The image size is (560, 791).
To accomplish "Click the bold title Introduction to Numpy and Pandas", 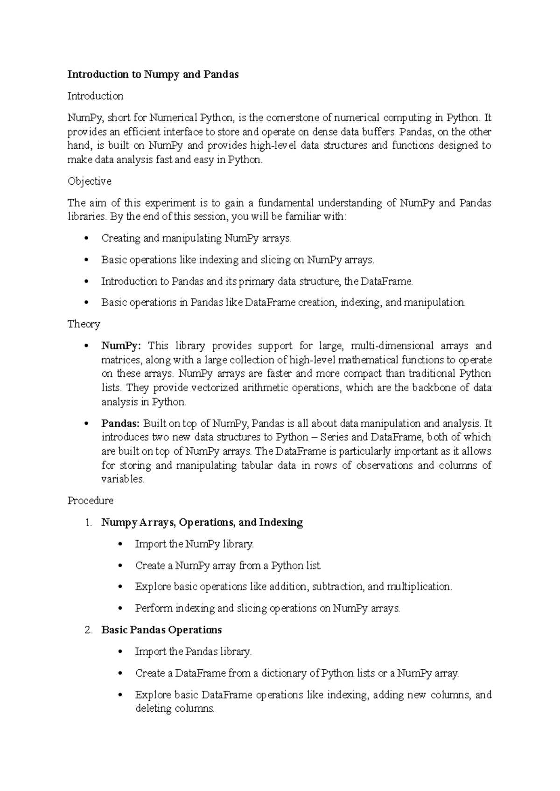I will click(153, 75).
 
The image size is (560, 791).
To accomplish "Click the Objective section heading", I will click(89, 181).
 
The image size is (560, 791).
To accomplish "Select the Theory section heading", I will click(84, 324).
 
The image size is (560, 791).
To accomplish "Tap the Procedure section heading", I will click(90, 501).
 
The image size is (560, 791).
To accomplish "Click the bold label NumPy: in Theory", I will click(120, 346).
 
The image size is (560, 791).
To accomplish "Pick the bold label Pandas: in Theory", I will click(120, 424).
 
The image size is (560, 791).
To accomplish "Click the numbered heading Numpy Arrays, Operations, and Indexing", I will click(202, 522).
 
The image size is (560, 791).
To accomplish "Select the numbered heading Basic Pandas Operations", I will click(161, 630).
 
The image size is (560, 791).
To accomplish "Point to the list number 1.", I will click(88, 523).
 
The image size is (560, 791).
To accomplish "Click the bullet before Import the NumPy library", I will click(120, 544).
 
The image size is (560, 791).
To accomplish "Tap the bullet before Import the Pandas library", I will click(120, 652).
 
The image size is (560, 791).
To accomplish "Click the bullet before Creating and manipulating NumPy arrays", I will click(86, 239).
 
